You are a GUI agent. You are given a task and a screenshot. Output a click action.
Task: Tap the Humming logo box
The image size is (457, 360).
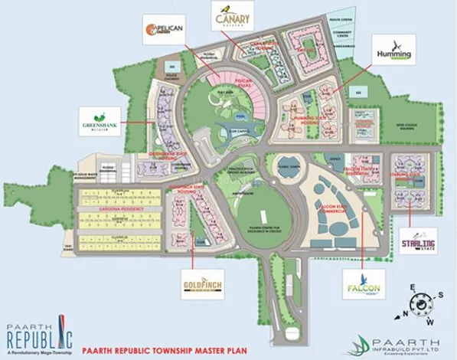pos(393,51)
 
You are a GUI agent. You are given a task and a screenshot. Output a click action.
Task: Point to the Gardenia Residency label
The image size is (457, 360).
pos(119,208)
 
